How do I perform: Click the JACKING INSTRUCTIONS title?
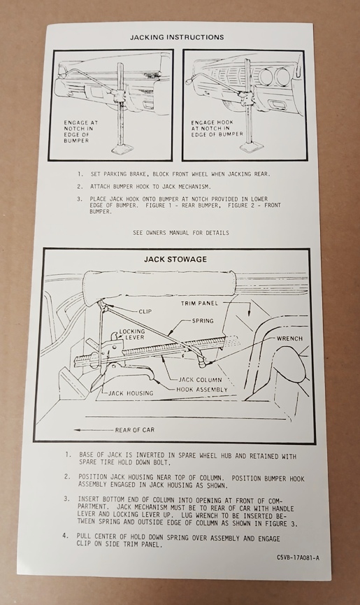(x=177, y=38)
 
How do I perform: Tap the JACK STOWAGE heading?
(x=175, y=259)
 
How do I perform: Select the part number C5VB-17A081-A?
(x=298, y=557)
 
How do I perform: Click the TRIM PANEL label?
(x=199, y=304)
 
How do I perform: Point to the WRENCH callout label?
(x=289, y=339)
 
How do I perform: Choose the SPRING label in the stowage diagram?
(x=203, y=320)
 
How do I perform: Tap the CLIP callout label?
(x=145, y=311)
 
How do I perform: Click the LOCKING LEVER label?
(x=132, y=334)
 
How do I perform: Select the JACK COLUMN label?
(x=200, y=380)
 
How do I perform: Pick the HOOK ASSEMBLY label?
(x=202, y=390)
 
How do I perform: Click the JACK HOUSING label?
(x=131, y=394)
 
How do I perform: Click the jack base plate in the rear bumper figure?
(x=122, y=148)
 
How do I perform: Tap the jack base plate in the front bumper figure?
(x=250, y=148)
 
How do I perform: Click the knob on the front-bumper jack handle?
(x=188, y=82)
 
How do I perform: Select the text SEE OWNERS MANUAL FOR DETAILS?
(x=181, y=233)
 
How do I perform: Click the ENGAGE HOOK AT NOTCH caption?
(x=217, y=129)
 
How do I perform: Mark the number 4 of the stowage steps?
(x=65, y=536)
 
